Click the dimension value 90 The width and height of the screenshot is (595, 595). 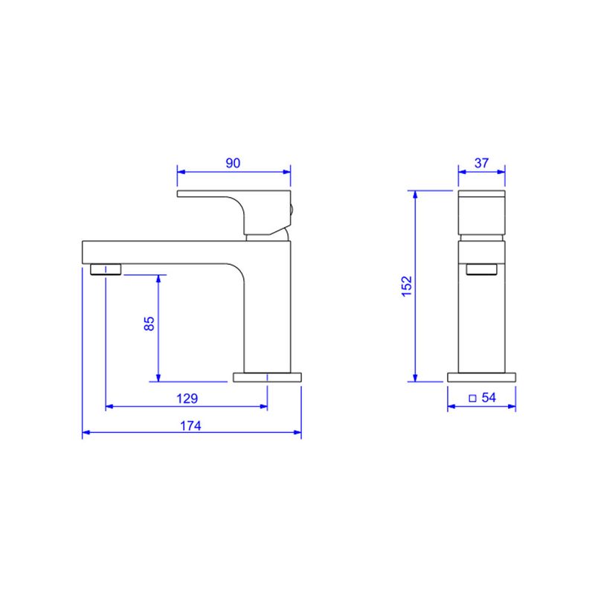point(233,163)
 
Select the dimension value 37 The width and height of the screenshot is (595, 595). point(481,163)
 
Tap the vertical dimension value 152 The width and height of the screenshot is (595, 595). point(406,286)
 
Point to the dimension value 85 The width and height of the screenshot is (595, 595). point(149,324)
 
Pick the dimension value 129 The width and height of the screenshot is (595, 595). point(187,399)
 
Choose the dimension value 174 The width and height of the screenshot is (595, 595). point(190,425)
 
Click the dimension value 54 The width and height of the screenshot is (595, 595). point(489,397)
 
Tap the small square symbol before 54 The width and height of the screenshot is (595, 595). point(472,399)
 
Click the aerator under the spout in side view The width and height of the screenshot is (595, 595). point(106,269)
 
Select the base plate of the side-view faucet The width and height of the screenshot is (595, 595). point(267,377)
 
